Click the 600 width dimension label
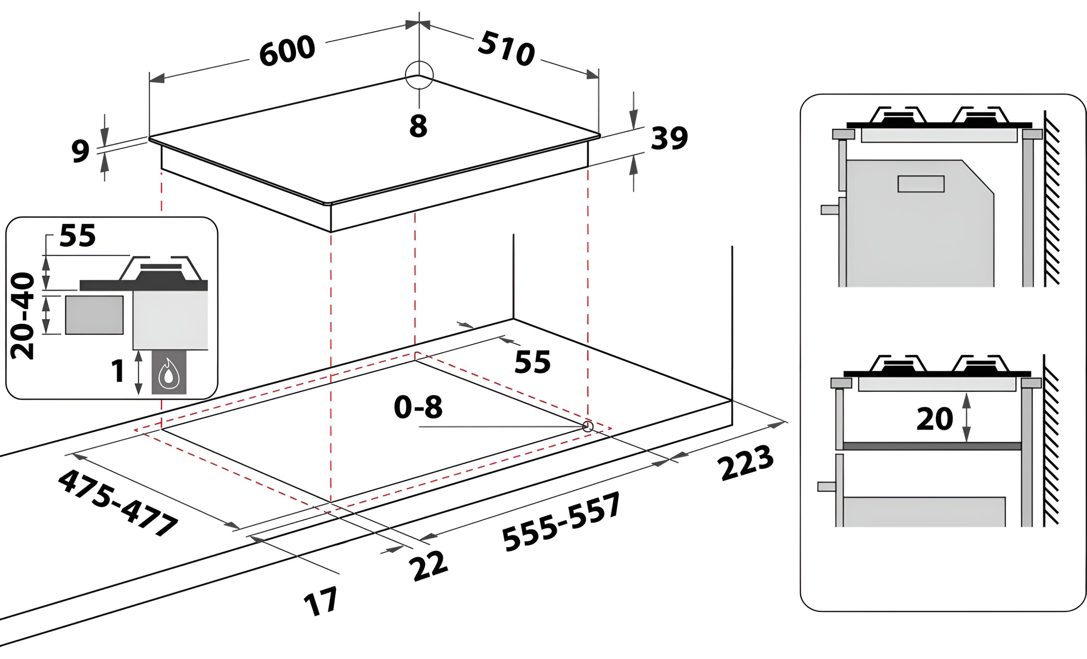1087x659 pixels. tap(287, 51)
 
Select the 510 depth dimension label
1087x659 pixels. tap(507, 49)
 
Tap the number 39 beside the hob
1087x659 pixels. tap(669, 138)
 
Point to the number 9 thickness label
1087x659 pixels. tap(80, 151)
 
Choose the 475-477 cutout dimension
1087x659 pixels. tap(118, 503)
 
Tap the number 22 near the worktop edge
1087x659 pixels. tap(428, 566)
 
